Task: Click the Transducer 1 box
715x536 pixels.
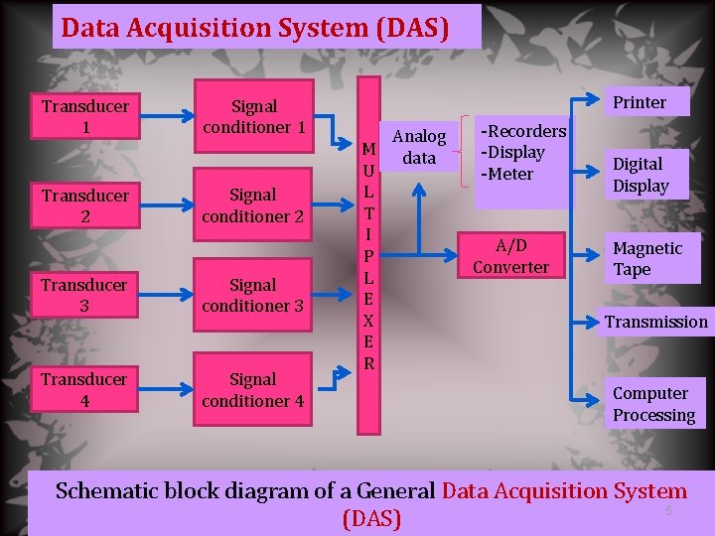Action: (84, 116)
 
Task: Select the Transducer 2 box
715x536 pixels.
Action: (84, 205)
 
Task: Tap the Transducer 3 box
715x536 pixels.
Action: (84, 295)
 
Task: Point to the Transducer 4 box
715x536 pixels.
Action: (84, 389)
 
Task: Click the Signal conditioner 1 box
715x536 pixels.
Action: (253, 116)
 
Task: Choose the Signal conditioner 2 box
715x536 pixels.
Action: (253, 205)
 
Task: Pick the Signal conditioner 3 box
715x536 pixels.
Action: (253, 295)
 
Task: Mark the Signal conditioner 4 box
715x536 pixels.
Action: (253, 389)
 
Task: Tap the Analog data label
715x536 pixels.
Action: (419, 147)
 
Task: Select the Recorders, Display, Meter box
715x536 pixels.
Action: (522, 153)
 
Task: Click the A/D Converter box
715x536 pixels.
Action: (510, 256)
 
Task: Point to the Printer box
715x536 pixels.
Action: (640, 102)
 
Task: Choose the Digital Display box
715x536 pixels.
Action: (641, 175)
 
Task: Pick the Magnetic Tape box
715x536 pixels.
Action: (647, 258)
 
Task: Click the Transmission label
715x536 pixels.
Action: (656, 322)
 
